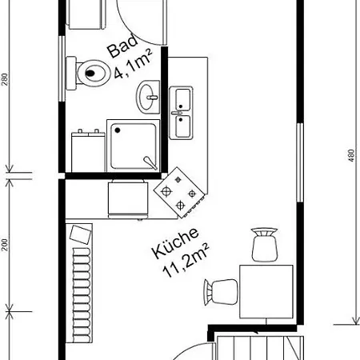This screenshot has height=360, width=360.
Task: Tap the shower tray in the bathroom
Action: pyautogui.click(x=134, y=146)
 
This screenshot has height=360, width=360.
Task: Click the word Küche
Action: pyautogui.click(x=174, y=245)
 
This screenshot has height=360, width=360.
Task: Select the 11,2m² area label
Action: pyautogui.click(x=186, y=260)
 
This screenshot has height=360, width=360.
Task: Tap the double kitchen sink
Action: pyautogui.click(x=182, y=112)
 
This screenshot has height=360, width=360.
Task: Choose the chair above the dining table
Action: pyautogui.click(x=264, y=243)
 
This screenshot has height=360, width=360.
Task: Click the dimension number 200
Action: pyautogui.click(x=4, y=245)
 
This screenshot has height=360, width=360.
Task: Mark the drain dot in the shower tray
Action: pyautogui.click(x=150, y=162)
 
